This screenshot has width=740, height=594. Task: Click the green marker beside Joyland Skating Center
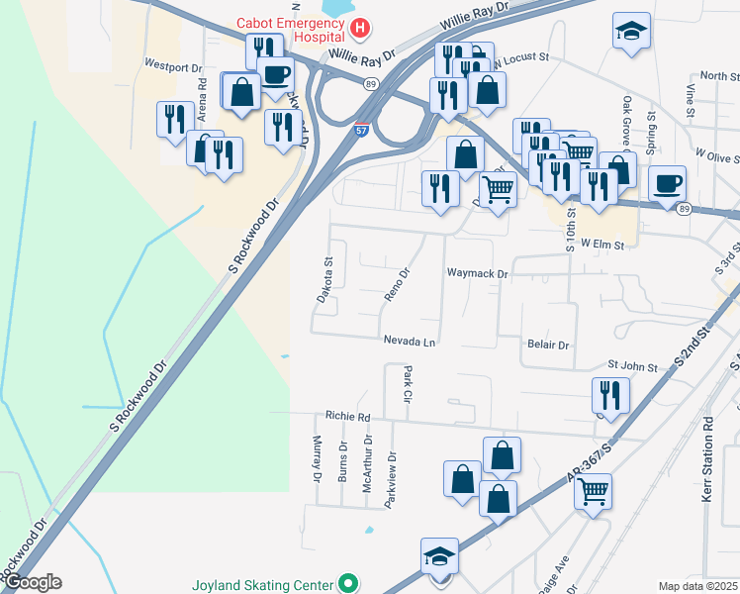pyautogui.click(x=347, y=583)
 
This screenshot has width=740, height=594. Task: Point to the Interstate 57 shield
pyautogui.click(x=363, y=129)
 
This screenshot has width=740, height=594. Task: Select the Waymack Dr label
pyautogui.click(x=477, y=273)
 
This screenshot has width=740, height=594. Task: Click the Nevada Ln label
pyautogui.click(x=410, y=342)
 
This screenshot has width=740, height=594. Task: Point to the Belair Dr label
pyautogui.click(x=549, y=346)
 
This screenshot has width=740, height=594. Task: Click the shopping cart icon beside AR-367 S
pyautogui.click(x=593, y=489)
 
